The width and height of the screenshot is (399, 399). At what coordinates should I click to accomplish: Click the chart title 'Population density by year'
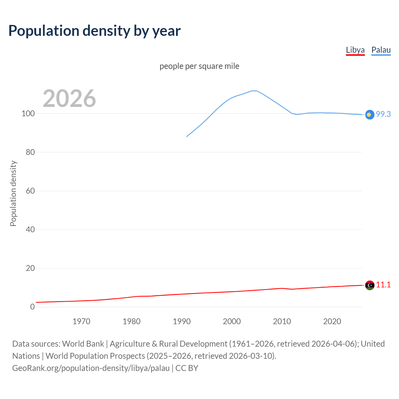[94, 31]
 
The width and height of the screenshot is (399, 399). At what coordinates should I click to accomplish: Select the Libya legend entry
[355, 50]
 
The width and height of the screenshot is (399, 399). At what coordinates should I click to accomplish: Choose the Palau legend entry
[381, 50]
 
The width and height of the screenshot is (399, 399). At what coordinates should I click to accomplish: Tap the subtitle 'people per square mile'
[199, 66]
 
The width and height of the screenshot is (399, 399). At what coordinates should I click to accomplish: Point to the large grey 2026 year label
[69, 99]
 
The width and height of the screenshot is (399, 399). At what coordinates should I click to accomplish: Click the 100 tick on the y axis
[28, 113]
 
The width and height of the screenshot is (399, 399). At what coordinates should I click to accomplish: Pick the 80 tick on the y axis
[30, 152]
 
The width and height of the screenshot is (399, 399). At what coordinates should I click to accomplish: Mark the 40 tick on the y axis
[30, 229]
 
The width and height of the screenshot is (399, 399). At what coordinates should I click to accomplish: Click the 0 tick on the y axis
[32, 307]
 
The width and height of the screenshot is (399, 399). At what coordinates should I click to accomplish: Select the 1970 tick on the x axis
[81, 321]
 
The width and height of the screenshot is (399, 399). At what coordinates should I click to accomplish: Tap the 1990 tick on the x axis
[182, 321]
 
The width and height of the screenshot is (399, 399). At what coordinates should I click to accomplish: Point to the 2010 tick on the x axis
[282, 321]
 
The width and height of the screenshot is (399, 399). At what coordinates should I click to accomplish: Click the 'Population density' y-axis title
[13, 193]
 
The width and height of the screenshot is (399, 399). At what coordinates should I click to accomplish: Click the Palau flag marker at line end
[369, 115]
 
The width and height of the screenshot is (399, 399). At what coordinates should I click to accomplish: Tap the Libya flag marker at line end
[370, 285]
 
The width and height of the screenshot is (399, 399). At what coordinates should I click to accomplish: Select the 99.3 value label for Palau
[383, 114]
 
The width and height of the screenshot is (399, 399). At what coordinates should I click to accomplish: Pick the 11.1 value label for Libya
[383, 285]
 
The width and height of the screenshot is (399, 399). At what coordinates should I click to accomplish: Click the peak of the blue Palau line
[254, 91]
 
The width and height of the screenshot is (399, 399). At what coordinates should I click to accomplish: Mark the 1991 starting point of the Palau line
[187, 137]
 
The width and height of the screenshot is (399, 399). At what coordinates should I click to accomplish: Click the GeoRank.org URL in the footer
[91, 368]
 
